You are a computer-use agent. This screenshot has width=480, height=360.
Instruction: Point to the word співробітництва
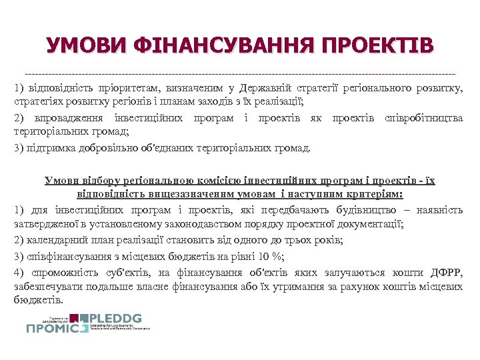point(424,118)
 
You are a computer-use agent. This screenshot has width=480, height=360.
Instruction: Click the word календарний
point(53,240)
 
